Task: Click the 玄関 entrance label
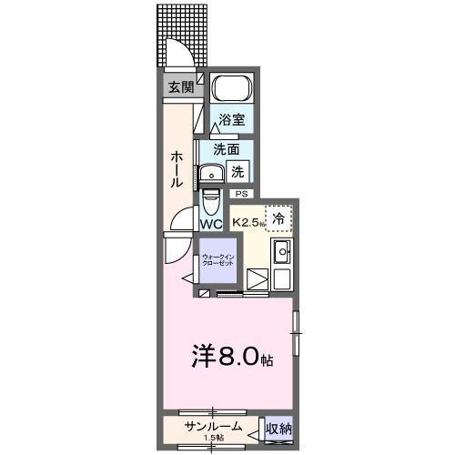point(179,87)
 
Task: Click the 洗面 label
point(227,149)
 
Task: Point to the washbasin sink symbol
point(216,174)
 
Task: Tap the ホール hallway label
point(177,169)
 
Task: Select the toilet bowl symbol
point(211,199)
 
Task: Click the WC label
point(211,223)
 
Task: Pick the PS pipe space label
point(241,194)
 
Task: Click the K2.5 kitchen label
point(248,222)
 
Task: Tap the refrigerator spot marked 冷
point(279,218)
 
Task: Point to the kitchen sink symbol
point(282,252)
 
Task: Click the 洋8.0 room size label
point(231,357)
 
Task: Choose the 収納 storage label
point(278,428)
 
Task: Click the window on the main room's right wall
point(295,333)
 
